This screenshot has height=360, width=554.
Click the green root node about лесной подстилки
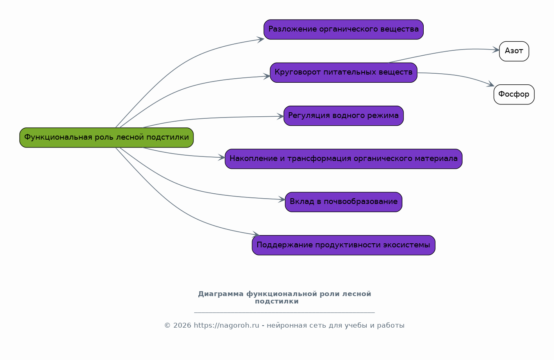click(107, 138)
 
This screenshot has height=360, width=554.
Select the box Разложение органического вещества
click(343, 29)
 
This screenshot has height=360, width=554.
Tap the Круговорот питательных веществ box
click(343, 72)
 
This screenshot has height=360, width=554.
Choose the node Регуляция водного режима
click(343, 116)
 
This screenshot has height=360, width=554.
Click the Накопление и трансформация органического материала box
click(343, 159)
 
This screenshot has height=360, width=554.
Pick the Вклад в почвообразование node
click(343, 202)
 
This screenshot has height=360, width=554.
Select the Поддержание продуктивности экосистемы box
click(343, 245)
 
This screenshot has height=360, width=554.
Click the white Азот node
click(514, 51)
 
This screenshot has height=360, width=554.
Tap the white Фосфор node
click(514, 95)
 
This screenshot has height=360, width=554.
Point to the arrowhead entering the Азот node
click(496, 50)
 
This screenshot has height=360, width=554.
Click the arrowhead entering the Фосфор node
click(490, 84)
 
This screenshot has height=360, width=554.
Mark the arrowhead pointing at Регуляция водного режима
click(280, 116)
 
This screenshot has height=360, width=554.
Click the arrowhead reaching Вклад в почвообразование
click(282, 199)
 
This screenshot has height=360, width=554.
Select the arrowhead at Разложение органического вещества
click(261, 40)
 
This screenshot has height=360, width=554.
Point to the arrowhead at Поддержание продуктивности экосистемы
click(256, 234)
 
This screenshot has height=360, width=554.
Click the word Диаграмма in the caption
click(220, 294)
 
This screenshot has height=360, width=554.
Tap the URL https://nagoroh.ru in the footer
click(226, 325)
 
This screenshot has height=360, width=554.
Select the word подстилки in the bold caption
click(277, 301)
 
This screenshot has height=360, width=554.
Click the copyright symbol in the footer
click(168, 325)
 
